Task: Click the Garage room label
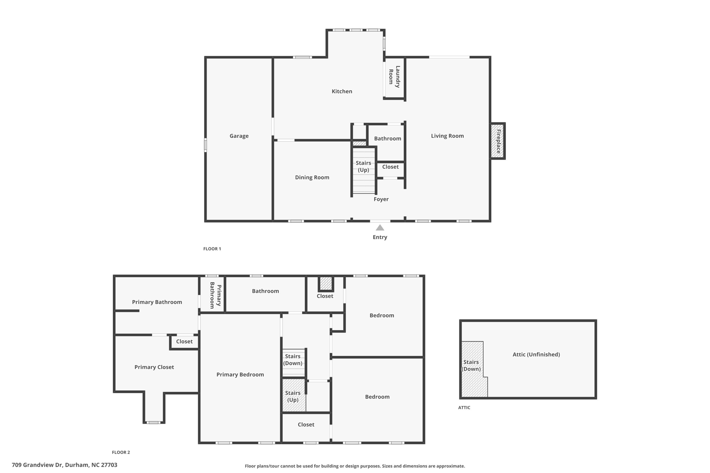click(239, 136)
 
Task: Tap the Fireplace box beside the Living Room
click(498, 141)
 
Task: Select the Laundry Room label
click(395, 77)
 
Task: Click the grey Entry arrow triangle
click(380, 228)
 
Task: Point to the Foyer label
click(381, 199)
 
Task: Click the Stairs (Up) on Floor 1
click(363, 167)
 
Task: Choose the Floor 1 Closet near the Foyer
click(390, 167)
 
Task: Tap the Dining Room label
click(312, 177)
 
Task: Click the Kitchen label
click(342, 91)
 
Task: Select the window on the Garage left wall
click(206, 145)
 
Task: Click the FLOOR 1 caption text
click(212, 249)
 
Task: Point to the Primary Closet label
click(154, 367)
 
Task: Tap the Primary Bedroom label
click(240, 375)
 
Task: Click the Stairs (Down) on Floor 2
click(293, 360)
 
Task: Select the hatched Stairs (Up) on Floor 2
click(293, 396)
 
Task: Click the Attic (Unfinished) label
click(536, 354)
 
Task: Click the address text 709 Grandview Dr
click(64, 465)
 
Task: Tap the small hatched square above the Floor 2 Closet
click(326, 283)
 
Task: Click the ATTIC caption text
click(464, 408)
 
